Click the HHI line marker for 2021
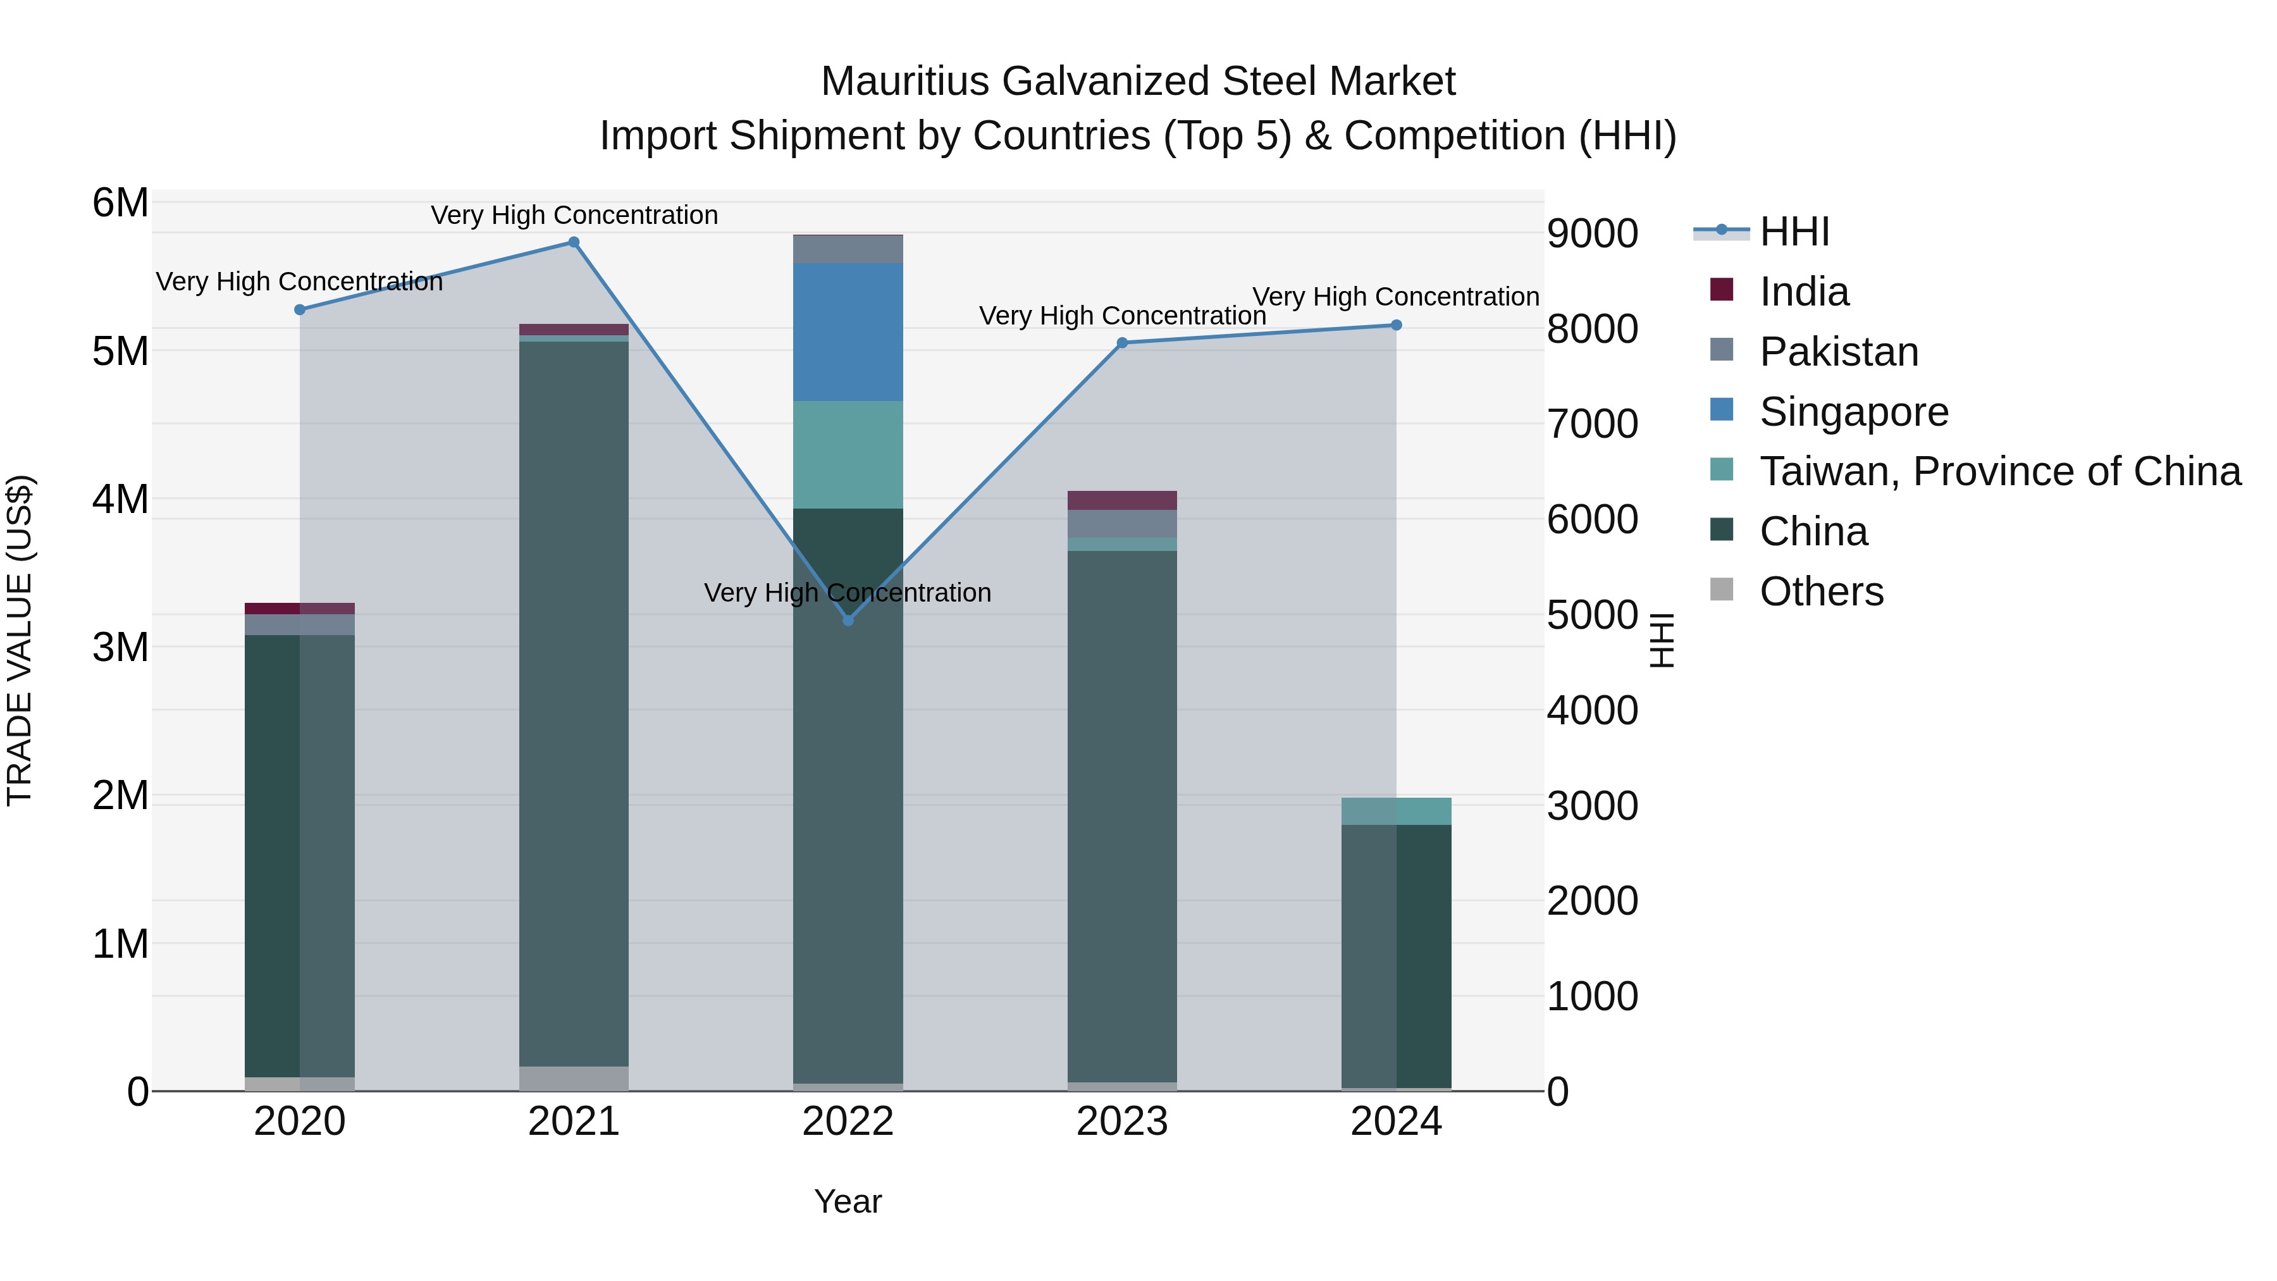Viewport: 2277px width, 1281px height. [x=574, y=242]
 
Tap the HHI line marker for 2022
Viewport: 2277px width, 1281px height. [x=848, y=621]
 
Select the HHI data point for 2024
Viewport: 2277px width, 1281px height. [x=1396, y=325]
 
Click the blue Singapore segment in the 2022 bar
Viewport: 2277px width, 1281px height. [x=848, y=331]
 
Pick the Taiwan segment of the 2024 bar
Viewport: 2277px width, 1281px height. [x=1396, y=811]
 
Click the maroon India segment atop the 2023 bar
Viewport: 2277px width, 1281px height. [x=1121, y=500]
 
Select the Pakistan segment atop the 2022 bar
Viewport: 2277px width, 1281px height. [x=848, y=249]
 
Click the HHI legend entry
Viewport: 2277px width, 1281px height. [x=1794, y=232]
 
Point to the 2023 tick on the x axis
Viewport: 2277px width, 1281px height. [x=1121, y=1122]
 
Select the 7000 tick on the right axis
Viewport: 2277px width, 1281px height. [x=1592, y=423]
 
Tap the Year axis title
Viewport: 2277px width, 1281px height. [x=848, y=1201]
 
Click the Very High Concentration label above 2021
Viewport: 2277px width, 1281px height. [x=574, y=215]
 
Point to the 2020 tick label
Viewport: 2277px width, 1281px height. [x=300, y=1122]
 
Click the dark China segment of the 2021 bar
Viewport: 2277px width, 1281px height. [x=574, y=707]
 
